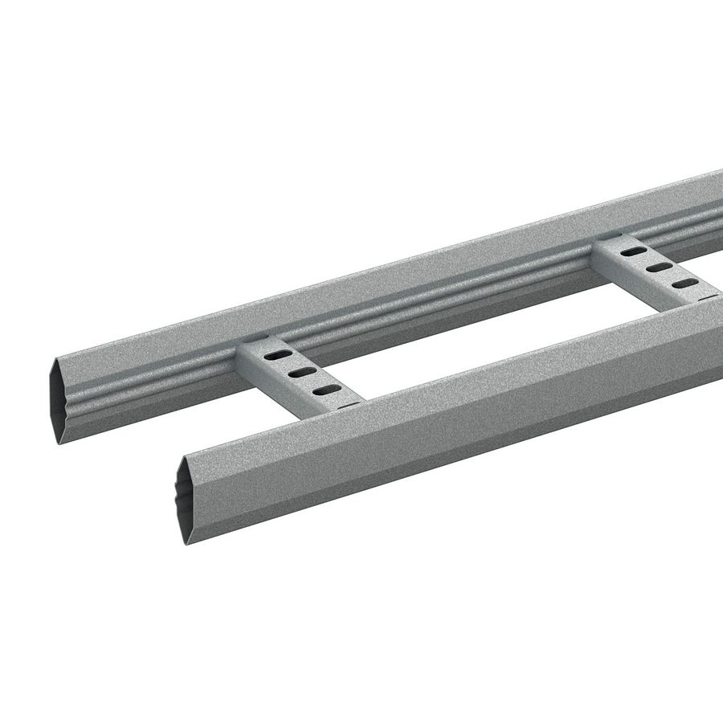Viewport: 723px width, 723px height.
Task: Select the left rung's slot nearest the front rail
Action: coord(325,390)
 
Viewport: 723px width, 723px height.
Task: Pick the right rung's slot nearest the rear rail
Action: coord(634,251)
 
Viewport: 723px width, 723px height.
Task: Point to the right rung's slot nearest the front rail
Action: coord(684,283)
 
